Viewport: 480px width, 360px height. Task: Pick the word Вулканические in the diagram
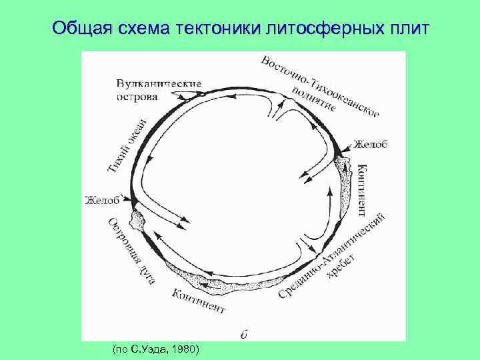[x=159, y=83]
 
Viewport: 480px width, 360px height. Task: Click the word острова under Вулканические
[x=137, y=96]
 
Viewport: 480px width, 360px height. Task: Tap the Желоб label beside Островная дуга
[x=102, y=199]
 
